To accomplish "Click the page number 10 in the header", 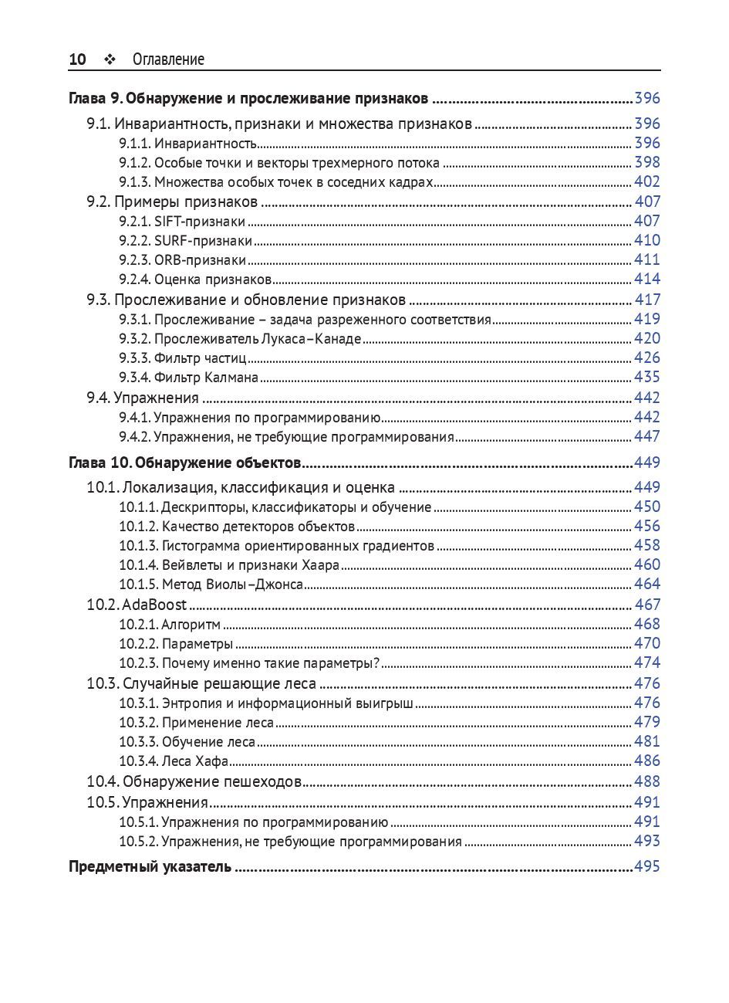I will [77, 59].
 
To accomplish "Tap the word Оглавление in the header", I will [168, 59].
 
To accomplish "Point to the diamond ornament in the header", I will [109, 59].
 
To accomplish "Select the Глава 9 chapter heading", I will [248, 99].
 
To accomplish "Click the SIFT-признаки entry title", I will [200, 222].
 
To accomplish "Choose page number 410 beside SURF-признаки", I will [647, 240].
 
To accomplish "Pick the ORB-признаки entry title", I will [201, 260].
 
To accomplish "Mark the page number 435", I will [647, 377].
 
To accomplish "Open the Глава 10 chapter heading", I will [184, 463].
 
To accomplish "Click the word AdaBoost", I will [154, 605].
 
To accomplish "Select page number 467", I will [647, 605].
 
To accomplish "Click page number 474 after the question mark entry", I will [647, 662].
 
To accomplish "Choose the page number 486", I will [647, 761].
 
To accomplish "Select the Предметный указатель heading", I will [150, 867].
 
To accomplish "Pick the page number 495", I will [647, 866].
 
